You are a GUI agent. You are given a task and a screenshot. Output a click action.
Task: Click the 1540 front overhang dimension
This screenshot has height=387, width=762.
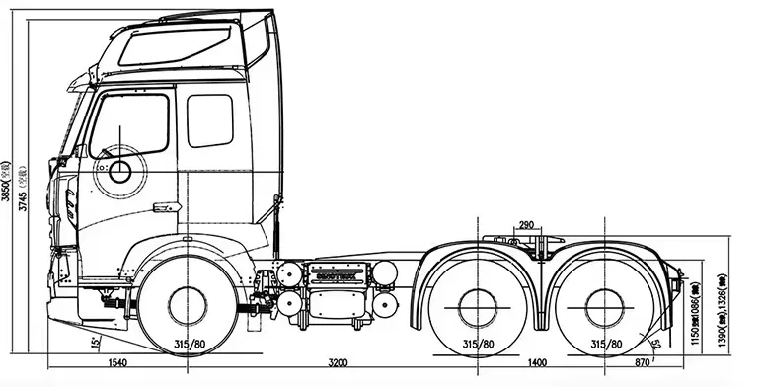click(x=94, y=364)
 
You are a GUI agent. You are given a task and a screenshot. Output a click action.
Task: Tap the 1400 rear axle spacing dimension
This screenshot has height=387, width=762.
click(x=537, y=364)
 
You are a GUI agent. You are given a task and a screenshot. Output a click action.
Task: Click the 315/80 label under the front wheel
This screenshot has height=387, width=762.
click(x=189, y=344)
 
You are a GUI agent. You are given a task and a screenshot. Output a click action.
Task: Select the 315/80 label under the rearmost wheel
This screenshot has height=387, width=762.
click(x=605, y=344)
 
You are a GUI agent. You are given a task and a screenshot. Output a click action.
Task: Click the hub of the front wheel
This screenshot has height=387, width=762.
click(x=188, y=304)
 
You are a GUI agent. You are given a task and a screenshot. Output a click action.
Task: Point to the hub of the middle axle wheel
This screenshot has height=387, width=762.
click(x=479, y=304)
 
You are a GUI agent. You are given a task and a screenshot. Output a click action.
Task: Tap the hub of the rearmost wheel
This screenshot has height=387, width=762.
click(x=603, y=304)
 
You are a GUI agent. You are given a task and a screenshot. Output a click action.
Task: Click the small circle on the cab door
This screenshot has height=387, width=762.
click(x=120, y=172)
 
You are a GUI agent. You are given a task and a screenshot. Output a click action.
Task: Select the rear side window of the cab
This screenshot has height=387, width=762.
click(x=209, y=120)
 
